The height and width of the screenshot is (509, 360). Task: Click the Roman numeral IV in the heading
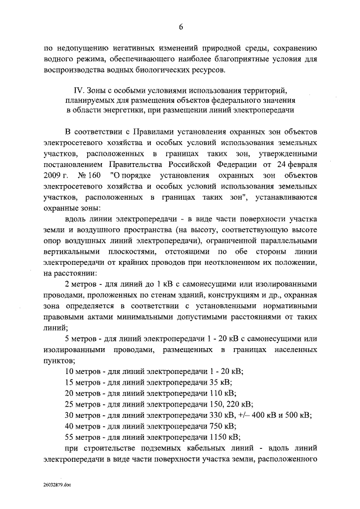tap(79, 89)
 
